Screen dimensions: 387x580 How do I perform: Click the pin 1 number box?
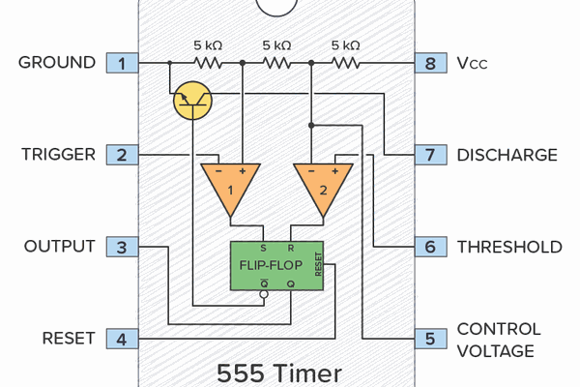122,64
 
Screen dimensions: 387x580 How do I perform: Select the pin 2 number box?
122,155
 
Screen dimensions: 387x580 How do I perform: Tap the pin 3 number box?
122,247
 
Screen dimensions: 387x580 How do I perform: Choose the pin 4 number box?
122,339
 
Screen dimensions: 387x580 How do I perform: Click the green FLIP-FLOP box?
277,263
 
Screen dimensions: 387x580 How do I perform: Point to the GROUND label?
57,64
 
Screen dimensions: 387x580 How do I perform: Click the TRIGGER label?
57,155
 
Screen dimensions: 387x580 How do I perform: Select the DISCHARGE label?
507,155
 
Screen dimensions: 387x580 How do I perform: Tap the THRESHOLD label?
508,247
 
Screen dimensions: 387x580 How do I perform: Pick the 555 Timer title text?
278,372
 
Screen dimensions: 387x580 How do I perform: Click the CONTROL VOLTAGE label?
498,339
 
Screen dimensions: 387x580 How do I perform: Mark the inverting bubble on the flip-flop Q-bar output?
263,298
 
